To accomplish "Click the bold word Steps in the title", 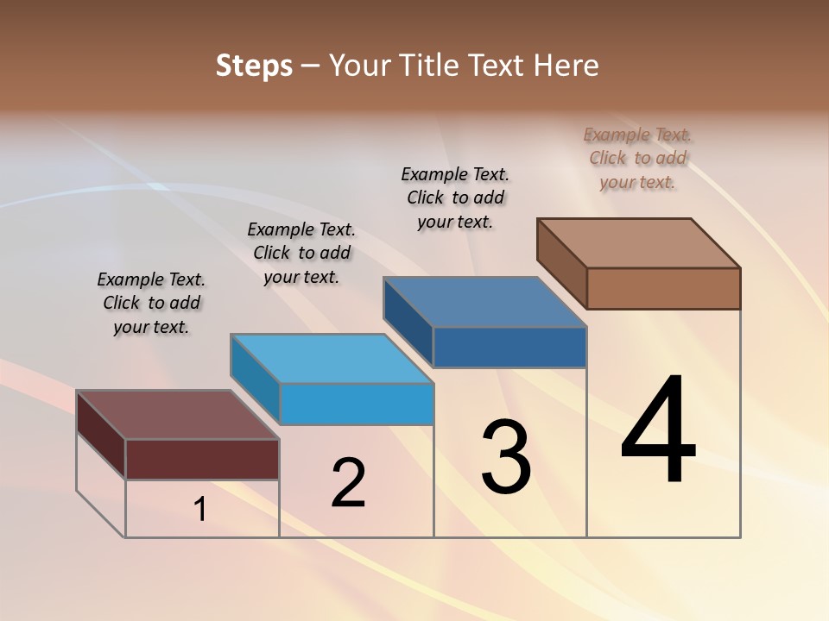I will pyautogui.click(x=254, y=66).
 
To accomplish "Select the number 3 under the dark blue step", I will pyautogui.click(x=506, y=457).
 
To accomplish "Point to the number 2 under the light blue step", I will pyautogui.click(x=349, y=483).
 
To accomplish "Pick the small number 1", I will pyautogui.click(x=200, y=510).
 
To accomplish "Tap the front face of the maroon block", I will pyautogui.click(x=202, y=459).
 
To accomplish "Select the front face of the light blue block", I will pyautogui.click(x=357, y=404).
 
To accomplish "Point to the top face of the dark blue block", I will pyautogui.click(x=484, y=302).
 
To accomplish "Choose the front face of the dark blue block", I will pyautogui.click(x=509, y=347).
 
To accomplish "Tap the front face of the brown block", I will pyautogui.click(x=663, y=288).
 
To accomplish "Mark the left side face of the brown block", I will pyautogui.click(x=561, y=263).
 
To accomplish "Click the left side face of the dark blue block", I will pyautogui.click(x=408, y=321).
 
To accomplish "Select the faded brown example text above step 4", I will pyautogui.click(x=637, y=158).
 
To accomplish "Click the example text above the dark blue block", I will pyautogui.click(x=455, y=198).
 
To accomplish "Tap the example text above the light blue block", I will pyautogui.click(x=301, y=253).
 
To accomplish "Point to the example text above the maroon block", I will pyautogui.click(x=151, y=303).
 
